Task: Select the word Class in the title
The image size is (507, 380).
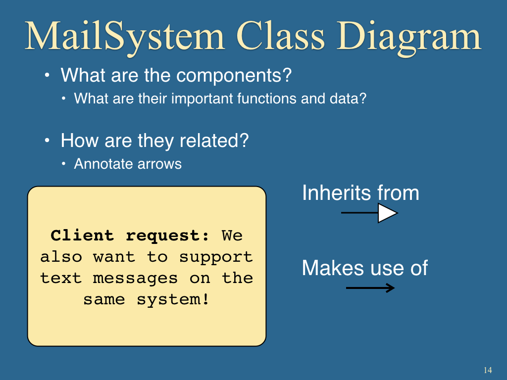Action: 280,36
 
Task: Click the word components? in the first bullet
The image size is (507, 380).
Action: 234,76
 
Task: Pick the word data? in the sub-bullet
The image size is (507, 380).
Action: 348,98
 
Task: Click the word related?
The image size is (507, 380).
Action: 214,141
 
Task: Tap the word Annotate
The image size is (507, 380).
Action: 103,164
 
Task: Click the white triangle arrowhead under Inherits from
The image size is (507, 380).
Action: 387,213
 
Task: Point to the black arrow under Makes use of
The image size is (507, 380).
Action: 370,287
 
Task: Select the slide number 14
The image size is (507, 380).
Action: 488,370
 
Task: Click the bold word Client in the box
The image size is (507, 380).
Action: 82,235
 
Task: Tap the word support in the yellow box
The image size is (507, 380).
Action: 216,257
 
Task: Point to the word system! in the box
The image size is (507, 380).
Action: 173,299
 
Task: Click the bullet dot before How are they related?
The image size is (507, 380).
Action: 47,141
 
